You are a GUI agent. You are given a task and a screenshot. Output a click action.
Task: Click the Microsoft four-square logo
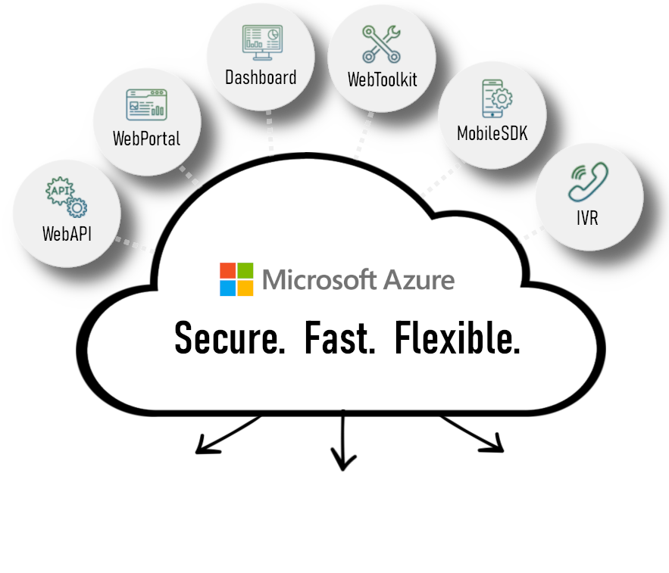(x=236, y=279)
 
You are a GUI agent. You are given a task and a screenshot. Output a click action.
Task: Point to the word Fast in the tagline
(x=339, y=338)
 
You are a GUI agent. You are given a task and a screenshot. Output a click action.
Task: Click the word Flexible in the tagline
(x=457, y=338)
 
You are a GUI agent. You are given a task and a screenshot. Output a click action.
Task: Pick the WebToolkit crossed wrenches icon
(x=380, y=44)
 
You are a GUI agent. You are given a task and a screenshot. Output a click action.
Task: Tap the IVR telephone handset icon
(x=588, y=183)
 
